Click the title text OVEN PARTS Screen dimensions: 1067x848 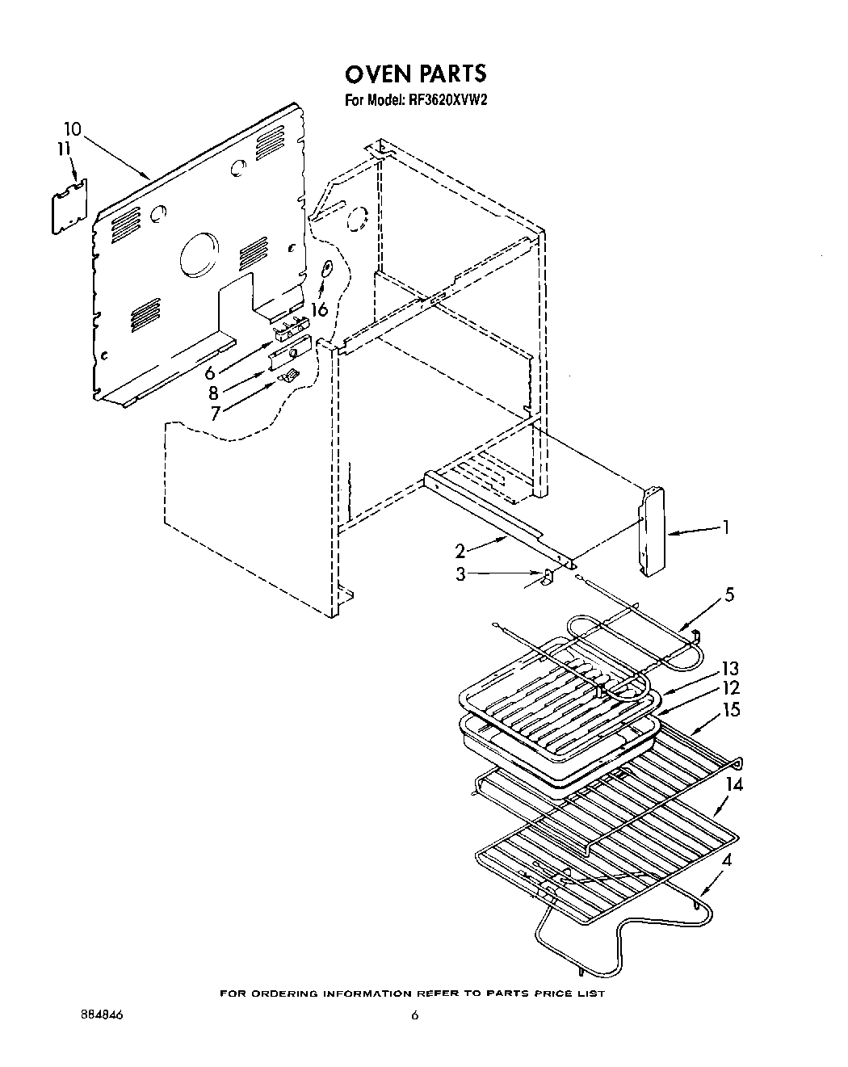[416, 74]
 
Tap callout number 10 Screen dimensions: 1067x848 [72, 128]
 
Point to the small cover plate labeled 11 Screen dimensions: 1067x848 [69, 207]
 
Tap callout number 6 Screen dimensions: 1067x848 [211, 372]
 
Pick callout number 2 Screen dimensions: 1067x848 [460, 552]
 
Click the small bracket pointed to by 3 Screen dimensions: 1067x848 [547, 577]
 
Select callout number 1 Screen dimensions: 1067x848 [726, 527]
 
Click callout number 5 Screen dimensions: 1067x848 [729, 595]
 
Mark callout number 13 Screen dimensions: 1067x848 [729, 669]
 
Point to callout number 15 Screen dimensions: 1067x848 [732, 710]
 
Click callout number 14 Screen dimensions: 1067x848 [734, 783]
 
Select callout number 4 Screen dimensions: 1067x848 [727, 861]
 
